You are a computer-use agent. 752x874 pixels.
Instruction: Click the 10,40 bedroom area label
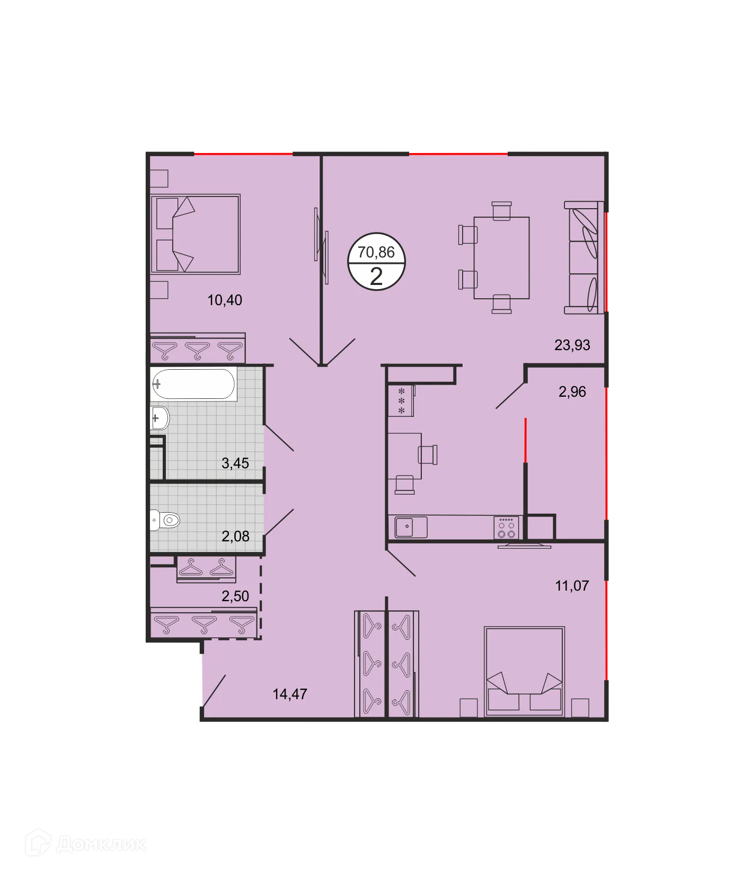tap(225, 300)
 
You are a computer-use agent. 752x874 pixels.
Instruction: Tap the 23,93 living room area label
tap(572, 345)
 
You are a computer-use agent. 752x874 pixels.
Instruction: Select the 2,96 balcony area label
tap(572, 392)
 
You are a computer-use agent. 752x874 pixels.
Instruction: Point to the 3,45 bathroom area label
tap(235, 463)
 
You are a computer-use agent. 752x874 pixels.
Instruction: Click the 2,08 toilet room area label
tap(235, 537)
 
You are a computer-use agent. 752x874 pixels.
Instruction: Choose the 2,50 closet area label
tap(235, 596)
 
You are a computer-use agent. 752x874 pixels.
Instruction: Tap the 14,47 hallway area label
tap(290, 694)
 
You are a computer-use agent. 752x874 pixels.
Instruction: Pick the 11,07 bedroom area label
tap(572, 586)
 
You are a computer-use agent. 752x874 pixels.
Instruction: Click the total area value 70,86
tap(376, 252)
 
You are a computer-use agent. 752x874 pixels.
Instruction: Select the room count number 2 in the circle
tap(376, 277)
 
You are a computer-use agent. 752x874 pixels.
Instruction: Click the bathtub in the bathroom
tap(193, 384)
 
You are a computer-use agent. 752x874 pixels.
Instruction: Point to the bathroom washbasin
tap(160, 419)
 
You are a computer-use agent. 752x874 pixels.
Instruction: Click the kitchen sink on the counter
tap(411, 527)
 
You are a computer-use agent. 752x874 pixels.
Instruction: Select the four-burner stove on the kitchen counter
tap(506, 528)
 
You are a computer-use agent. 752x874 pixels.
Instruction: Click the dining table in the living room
tap(501, 258)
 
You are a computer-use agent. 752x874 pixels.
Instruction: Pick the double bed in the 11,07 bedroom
tap(524, 672)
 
